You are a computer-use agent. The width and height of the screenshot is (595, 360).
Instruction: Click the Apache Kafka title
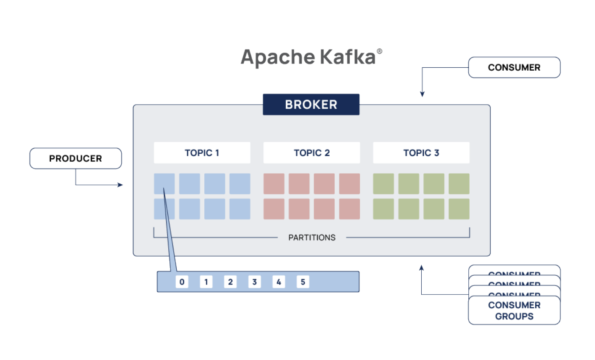308,57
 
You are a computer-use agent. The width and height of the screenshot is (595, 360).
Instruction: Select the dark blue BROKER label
311,105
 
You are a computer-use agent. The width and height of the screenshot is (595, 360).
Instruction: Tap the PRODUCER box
75,158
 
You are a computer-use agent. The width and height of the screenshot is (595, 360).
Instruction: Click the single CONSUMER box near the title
514,67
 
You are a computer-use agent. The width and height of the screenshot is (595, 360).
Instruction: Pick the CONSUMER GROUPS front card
514,310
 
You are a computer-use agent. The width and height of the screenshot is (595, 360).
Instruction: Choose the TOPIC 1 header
202,153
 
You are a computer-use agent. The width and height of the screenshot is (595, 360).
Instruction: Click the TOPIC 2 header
311,153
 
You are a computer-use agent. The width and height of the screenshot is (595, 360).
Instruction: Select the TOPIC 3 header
421,153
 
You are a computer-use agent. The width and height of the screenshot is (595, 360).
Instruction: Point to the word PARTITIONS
312,238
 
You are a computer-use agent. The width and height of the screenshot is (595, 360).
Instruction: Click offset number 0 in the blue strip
182,282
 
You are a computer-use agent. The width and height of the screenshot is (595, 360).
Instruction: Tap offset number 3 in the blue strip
254,282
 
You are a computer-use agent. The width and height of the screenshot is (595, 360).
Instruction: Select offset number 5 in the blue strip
303,282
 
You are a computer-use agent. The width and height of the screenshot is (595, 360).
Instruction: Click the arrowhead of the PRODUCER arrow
121,185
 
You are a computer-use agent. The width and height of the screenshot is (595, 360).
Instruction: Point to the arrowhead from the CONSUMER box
422,94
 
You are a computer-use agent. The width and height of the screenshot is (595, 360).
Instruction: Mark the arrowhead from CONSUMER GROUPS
421,268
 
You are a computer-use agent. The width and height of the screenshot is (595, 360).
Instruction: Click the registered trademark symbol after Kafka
379,51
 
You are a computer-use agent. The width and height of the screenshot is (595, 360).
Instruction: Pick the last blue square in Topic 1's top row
240,184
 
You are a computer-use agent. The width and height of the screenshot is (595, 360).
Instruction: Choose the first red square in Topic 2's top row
274,184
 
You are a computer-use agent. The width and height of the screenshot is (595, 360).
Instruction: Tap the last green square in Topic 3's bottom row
459,209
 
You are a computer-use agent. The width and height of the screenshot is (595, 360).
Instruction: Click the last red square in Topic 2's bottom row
349,209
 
